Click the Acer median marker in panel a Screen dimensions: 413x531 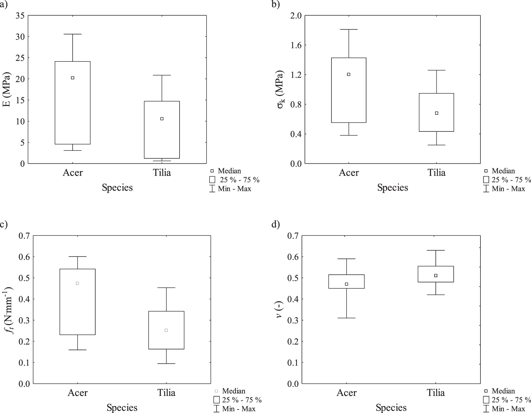(x=72, y=78)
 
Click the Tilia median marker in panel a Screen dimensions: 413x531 (x=162, y=119)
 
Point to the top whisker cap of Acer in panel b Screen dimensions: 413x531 (x=349, y=29)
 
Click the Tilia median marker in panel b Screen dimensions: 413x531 (x=437, y=113)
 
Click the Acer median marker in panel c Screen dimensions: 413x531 (x=77, y=283)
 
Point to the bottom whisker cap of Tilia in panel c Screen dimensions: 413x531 (x=166, y=363)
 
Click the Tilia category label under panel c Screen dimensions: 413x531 (x=166, y=393)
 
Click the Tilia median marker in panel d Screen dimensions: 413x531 (x=436, y=275)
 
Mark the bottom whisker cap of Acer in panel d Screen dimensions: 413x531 (x=346, y=318)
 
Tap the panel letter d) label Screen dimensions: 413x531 (x=276, y=224)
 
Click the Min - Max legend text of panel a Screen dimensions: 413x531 (x=234, y=189)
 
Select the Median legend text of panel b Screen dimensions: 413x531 (x=503, y=171)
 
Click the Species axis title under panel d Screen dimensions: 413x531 (x=391, y=408)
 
